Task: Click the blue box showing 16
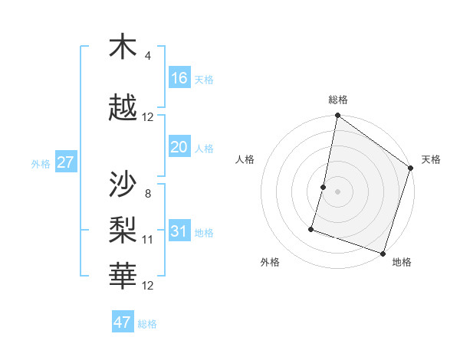179,78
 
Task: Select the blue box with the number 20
179,147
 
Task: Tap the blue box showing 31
179,231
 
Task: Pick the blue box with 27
65,162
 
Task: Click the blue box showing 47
123,322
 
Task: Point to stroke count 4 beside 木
148,56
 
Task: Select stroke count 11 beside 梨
148,240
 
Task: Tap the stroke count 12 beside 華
148,286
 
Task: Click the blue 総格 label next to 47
147,324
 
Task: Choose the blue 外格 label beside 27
41,164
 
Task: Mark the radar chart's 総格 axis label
337,100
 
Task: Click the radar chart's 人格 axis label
245,159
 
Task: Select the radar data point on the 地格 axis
383,253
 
